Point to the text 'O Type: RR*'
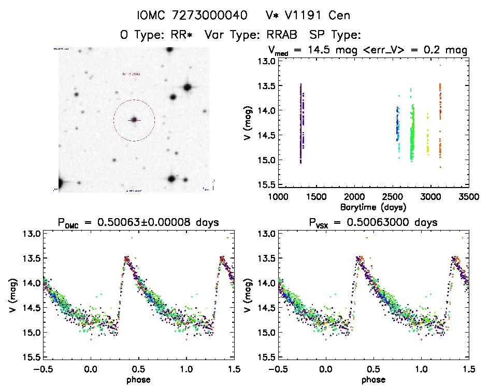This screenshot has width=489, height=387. click(x=157, y=35)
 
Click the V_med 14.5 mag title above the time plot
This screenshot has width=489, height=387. click(x=368, y=50)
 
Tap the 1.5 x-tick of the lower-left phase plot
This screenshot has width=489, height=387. click(x=234, y=368)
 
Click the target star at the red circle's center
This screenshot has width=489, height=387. click(x=134, y=120)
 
